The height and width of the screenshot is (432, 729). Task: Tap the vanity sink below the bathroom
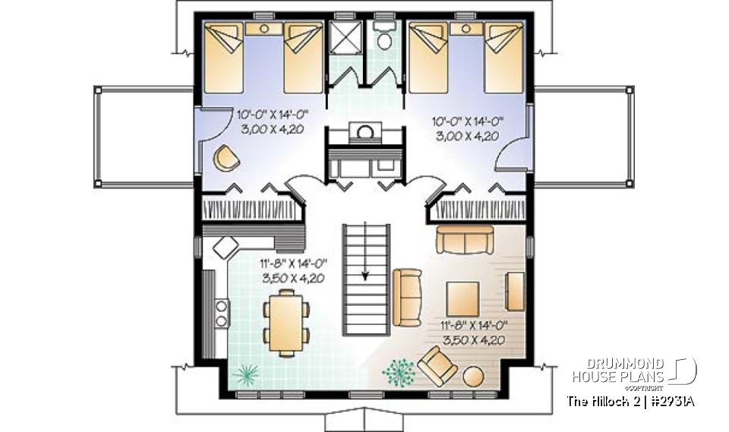[366, 133]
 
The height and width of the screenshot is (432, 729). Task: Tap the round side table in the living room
[475, 377]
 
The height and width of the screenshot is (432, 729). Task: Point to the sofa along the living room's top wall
[465, 239]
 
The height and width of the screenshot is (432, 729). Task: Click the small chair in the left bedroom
[226, 157]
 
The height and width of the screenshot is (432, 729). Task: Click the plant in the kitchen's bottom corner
[246, 373]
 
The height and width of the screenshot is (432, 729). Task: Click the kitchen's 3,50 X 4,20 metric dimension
[293, 278]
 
